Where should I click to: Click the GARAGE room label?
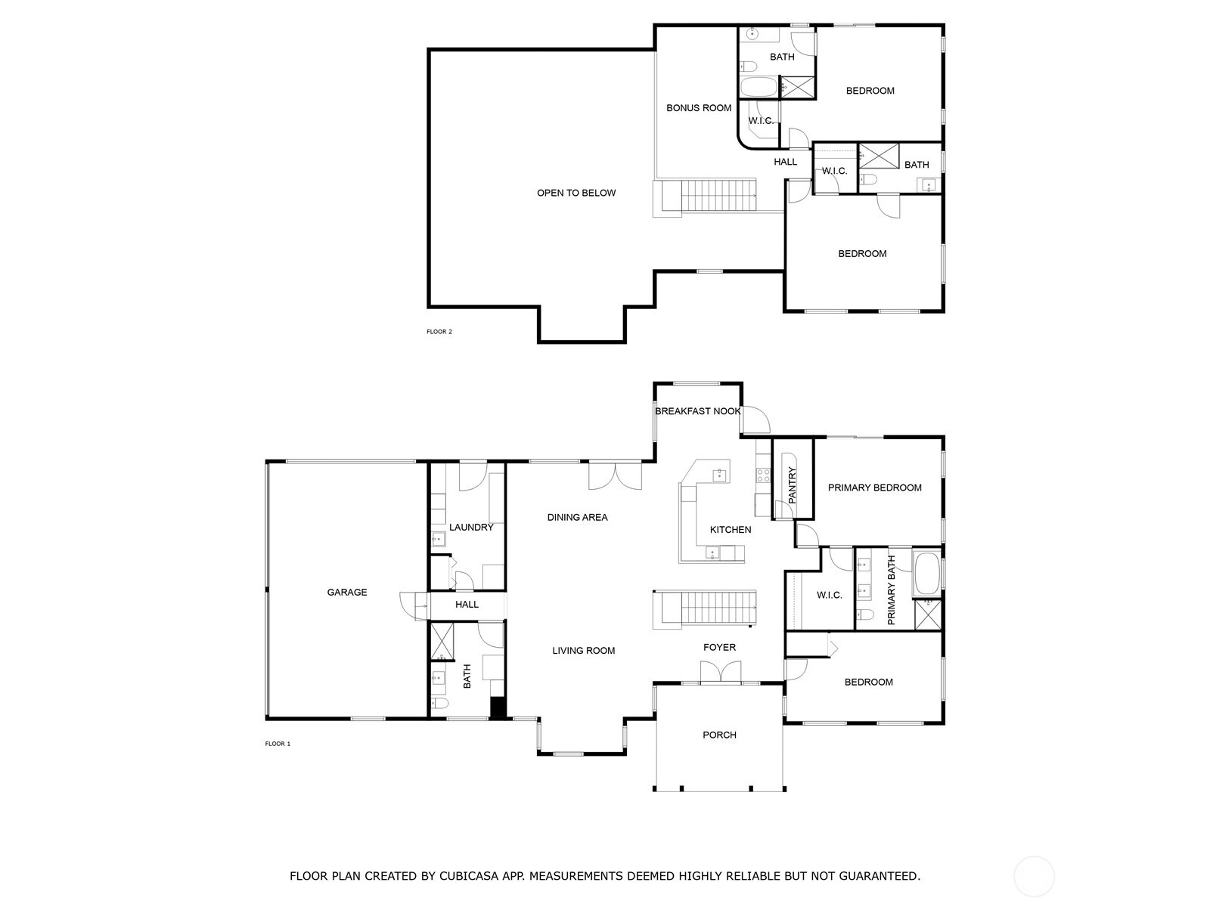click(347, 593)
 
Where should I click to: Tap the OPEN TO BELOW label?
click(576, 193)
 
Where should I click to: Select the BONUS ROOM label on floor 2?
click(699, 108)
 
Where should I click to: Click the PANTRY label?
click(793, 486)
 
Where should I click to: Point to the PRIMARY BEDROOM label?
click(874, 488)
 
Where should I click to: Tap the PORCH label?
click(719, 735)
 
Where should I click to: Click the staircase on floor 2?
click(707, 197)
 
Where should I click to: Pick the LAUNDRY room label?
click(471, 528)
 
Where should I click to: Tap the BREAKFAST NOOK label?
click(697, 411)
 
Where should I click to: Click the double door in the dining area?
click(616, 475)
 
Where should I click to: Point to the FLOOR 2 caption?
click(439, 332)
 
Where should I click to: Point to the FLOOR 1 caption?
click(278, 744)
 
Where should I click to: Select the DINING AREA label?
click(578, 518)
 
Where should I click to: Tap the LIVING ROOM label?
click(583, 651)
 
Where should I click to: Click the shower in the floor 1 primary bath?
click(928, 614)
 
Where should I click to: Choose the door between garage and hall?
click(412, 605)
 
